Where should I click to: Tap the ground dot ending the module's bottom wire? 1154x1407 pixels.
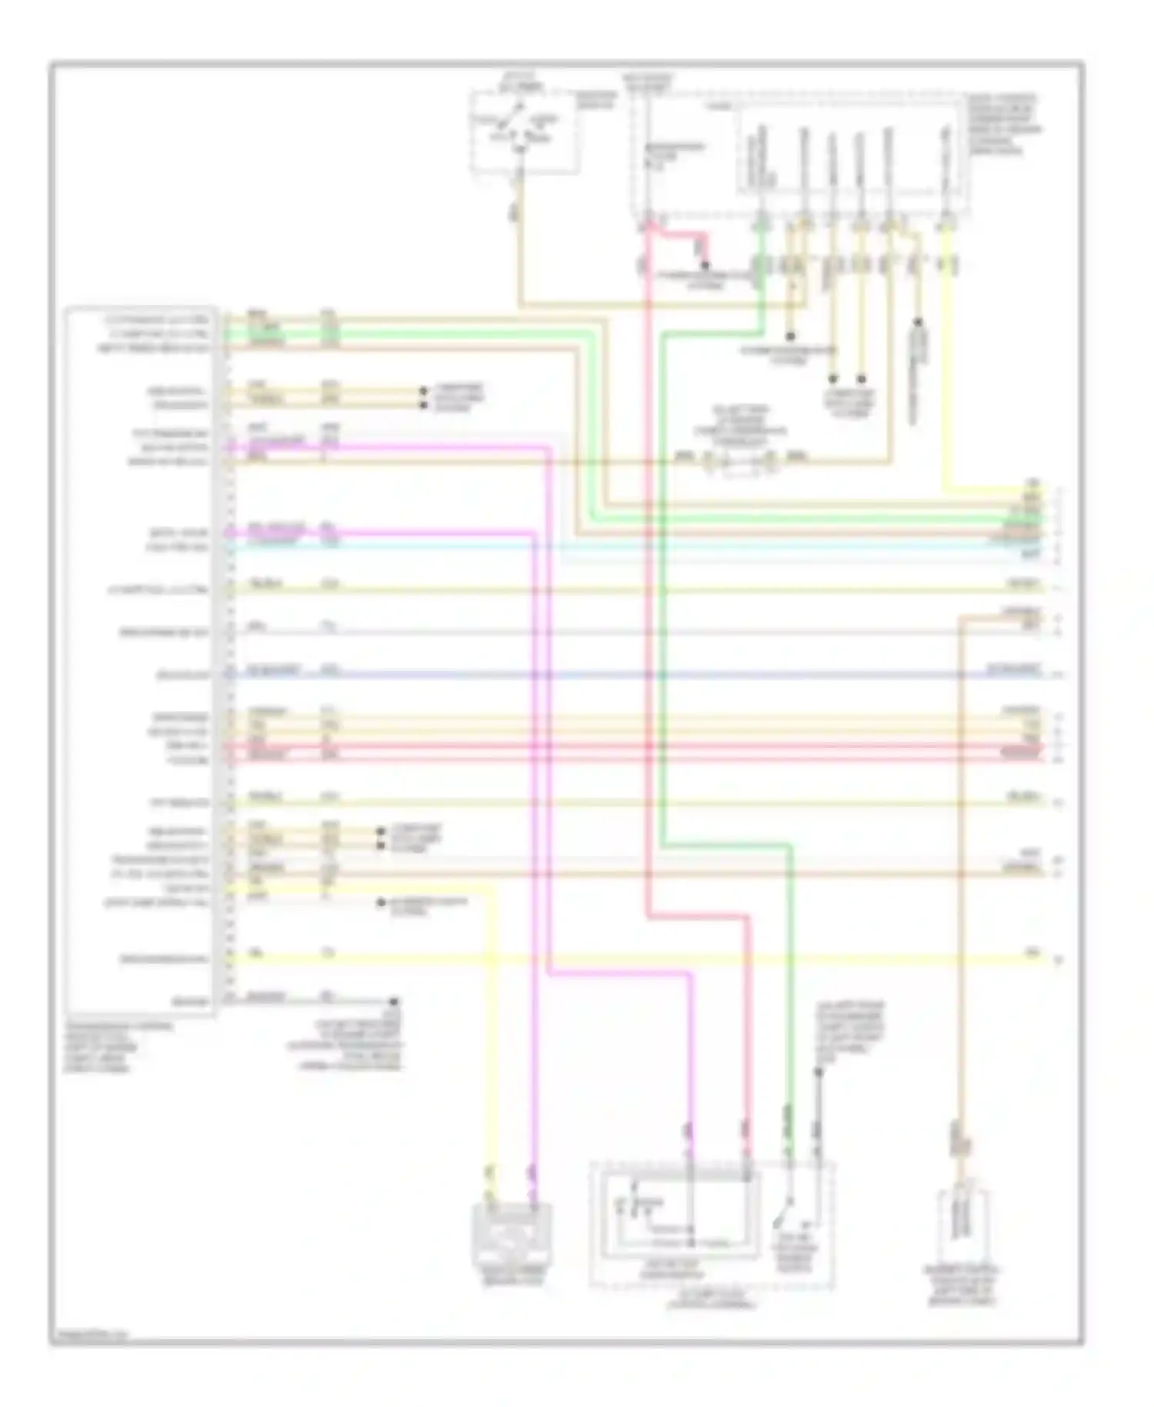[394, 1001]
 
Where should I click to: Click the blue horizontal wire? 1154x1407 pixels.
[615, 675]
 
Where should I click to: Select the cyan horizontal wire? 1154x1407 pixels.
[615, 546]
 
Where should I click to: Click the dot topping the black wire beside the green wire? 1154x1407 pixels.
[819, 1071]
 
